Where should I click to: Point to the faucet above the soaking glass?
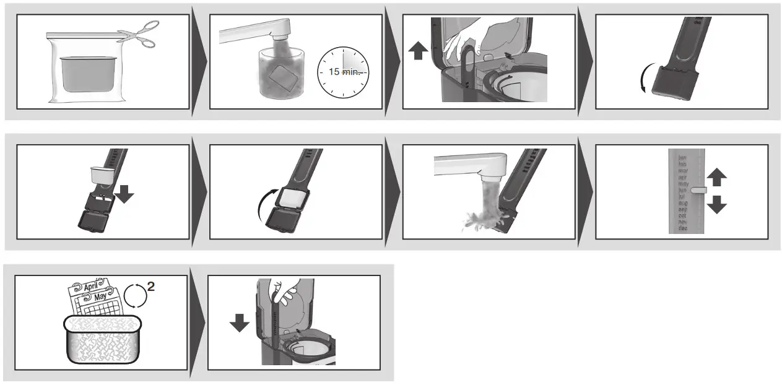click(260, 29)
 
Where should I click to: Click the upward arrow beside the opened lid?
click(419, 51)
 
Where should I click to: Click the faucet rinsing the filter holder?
click(471, 166)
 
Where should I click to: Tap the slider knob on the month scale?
click(698, 191)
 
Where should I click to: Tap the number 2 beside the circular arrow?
click(150, 287)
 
